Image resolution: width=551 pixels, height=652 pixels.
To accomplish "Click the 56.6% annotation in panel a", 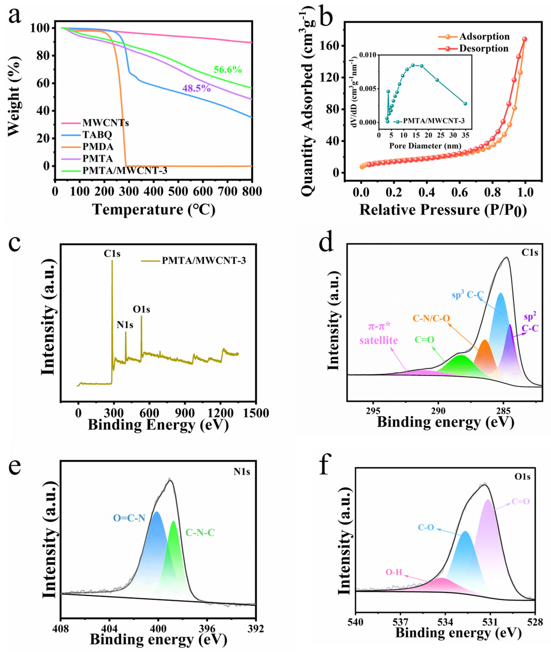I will pyautogui.click(x=227, y=70).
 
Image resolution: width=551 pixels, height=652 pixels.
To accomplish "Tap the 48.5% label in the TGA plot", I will pyautogui.click(x=197, y=88).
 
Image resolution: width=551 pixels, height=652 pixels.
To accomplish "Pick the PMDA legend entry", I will pyautogui.click(x=98, y=146).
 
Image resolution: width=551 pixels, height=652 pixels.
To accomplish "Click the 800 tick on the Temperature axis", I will pyautogui.click(x=252, y=191).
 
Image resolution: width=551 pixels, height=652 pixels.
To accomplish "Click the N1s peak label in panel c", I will pyautogui.click(x=125, y=325).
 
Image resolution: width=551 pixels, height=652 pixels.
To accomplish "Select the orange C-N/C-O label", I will pyautogui.click(x=431, y=318).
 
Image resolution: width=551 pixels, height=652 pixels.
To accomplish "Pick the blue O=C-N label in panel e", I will pyautogui.click(x=129, y=518).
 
